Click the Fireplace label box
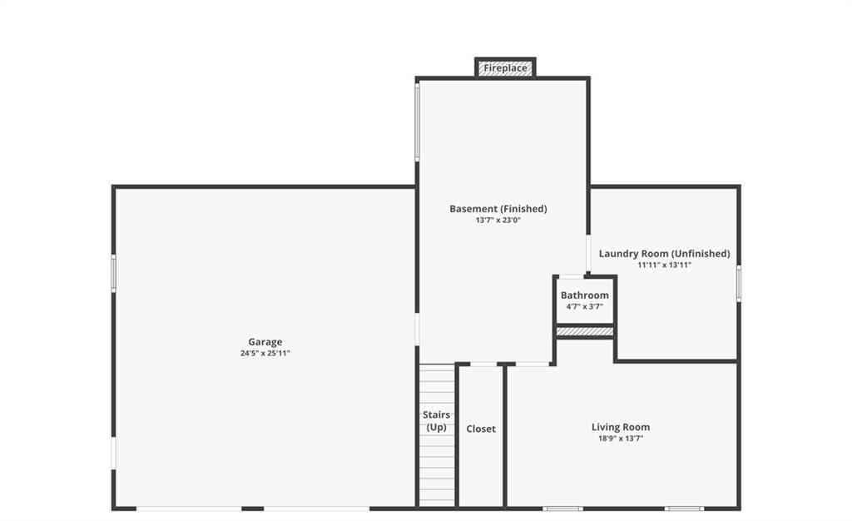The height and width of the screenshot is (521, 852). point(505,68)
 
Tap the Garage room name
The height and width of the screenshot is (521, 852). point(265,342)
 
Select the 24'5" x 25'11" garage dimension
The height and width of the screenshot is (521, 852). point(265,353)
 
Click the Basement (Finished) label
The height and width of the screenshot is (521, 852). point(498,209)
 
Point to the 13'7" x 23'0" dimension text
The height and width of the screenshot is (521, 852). point(498,220)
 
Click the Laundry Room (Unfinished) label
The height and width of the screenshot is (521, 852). point(665,254)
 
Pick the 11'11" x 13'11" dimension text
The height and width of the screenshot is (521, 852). point(665,265)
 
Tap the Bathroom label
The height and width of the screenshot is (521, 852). point(585,295)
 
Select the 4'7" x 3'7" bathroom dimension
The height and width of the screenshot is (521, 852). point(585,306)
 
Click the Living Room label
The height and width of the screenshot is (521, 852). point(621,427)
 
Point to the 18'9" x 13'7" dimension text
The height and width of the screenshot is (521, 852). point(621,439)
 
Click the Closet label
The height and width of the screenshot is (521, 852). point(481,429)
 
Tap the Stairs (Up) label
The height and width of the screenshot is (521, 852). point(436,421)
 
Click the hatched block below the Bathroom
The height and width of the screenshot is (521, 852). point(585,331)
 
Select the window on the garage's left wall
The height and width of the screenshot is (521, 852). point(113,273)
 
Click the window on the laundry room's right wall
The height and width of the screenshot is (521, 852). point(739,283)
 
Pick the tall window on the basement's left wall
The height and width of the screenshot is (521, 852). point(418,122)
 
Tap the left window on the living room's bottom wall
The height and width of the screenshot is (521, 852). point(563,509)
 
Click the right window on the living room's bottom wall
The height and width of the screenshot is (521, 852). point(684,509)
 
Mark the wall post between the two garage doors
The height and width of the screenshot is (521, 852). point(253,509)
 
